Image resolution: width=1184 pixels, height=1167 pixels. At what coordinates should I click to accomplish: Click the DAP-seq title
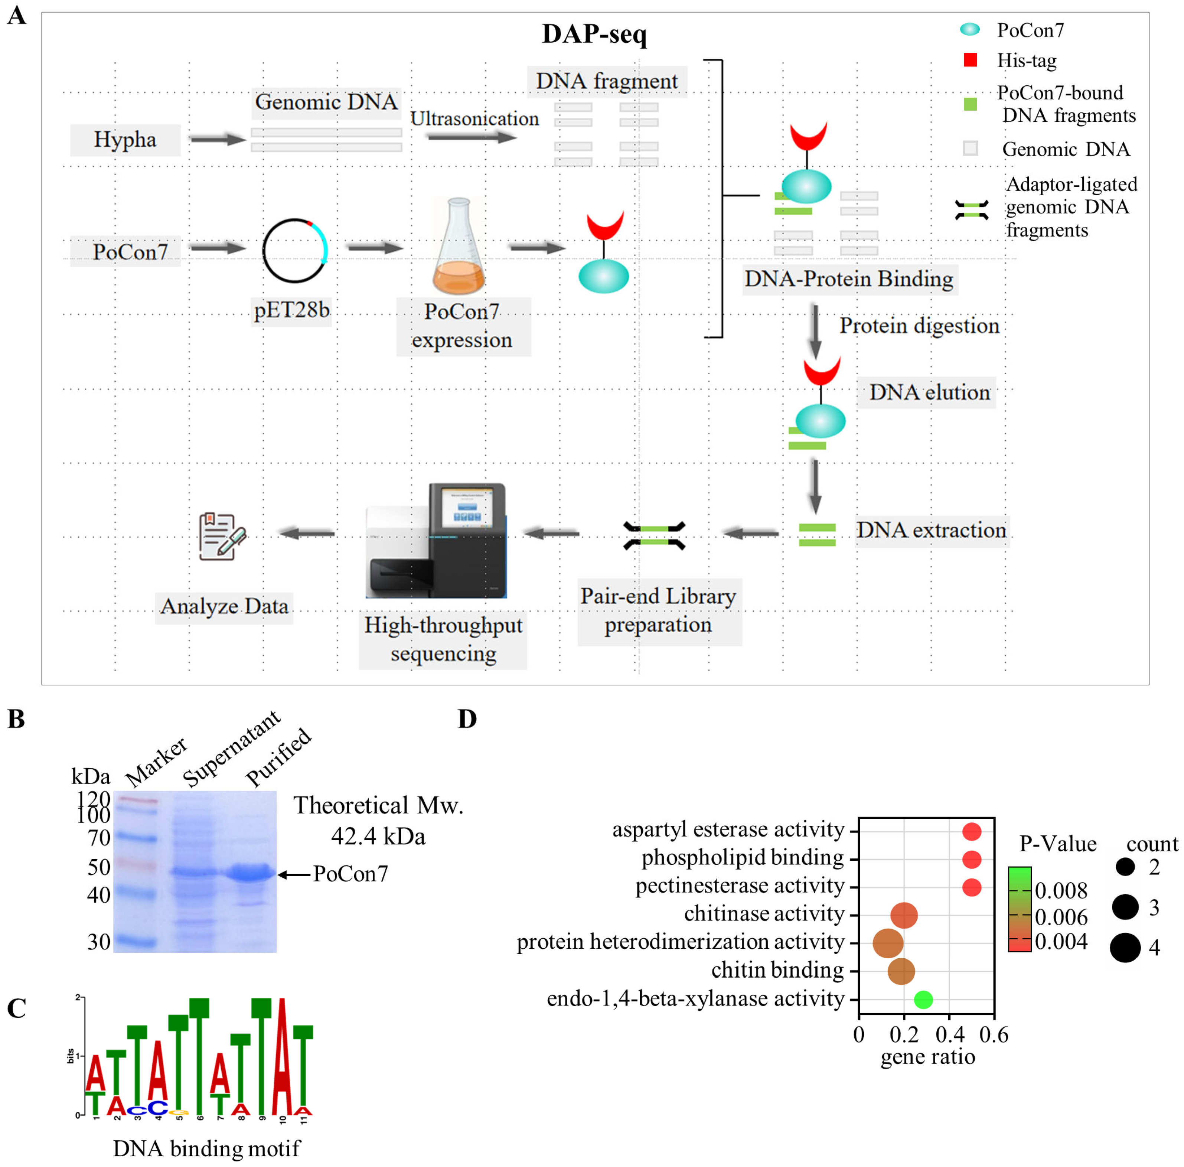[x=594, y=34]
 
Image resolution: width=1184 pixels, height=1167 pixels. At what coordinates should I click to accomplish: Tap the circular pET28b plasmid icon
[x=295, y=250]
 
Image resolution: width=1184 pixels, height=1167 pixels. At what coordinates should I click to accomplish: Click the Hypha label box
[x=125, y=140]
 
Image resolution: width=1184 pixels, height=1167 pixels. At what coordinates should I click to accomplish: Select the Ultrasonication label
[x=474, y=118]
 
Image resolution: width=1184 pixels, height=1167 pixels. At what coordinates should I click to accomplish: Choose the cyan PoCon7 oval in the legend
[x=969, y=29]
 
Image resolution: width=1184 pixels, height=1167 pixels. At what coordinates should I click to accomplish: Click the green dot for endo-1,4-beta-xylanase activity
[x=923, y=1000]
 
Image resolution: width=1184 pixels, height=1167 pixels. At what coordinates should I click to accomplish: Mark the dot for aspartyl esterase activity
[x=971, y=832]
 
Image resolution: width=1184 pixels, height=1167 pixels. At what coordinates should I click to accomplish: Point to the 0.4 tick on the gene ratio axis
[x=949, y=1035]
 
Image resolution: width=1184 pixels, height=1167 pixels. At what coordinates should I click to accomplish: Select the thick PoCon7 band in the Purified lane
[x=249, y=873]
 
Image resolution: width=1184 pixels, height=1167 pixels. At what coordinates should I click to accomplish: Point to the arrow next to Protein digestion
[x=815, y=331]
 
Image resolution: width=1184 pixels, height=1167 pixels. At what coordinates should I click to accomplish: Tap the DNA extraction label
[x=931, y=530]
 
